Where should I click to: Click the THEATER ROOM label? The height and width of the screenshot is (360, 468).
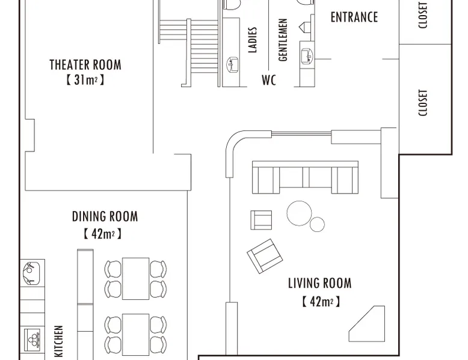(x=85, y=65)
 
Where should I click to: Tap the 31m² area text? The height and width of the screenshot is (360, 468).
(x=85, y=80)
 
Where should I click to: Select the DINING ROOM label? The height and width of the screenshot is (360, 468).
(x=105, y=216)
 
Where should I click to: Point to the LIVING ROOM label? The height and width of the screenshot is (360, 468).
(x=319, y=283)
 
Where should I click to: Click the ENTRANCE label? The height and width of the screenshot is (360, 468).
(x=354, y=17)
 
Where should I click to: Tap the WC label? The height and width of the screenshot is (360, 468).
(x=269, y=80)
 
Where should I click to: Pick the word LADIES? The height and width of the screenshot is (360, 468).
(x=253, y=40)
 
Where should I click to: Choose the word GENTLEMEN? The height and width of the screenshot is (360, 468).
(x=283, y=40)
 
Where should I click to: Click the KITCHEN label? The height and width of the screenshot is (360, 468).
(x=59, y=341)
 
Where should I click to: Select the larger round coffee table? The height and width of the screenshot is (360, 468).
(x=299, y=213)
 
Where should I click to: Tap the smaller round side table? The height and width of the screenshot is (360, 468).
(x=317, y=224)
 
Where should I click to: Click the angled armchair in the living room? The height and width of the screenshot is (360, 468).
(x=265, y=256)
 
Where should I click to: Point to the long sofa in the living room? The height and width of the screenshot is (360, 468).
(x=305, y=177)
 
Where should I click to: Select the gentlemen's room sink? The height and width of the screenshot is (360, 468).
(x=307, y=56)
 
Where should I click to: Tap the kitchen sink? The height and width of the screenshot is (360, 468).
(x=32, y=273)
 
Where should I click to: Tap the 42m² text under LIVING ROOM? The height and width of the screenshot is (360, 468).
(x=321, y=302)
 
